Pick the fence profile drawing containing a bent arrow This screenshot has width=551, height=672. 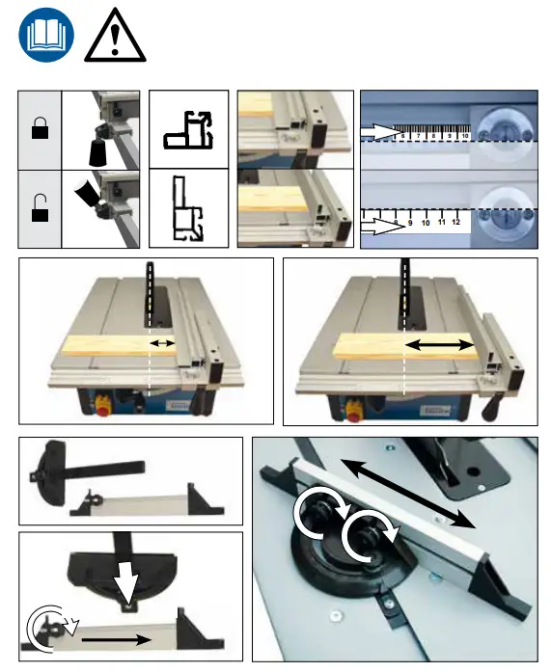191,129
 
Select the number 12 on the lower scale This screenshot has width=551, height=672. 456,222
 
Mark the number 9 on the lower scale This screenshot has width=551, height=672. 409,222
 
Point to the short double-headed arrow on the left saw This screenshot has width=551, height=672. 162,343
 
